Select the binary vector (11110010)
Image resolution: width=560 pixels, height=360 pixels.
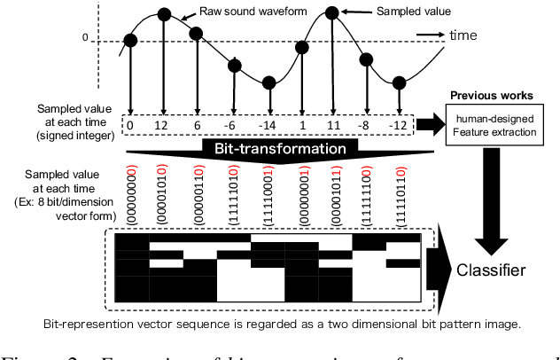click(x=269, y=193)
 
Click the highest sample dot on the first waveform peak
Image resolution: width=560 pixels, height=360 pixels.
click(x=163, y=13)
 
